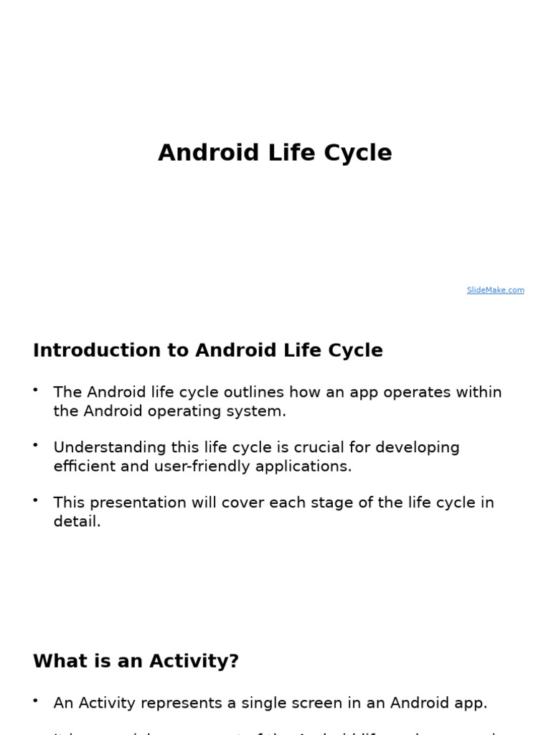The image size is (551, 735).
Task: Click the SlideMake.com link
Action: point(495,290)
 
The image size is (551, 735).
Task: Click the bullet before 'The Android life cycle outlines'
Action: point(35,389)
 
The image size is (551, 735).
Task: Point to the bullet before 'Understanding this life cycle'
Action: point(35,444)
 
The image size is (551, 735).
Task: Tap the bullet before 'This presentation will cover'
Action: point(35,500)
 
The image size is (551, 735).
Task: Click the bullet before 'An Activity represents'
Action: point(35,701)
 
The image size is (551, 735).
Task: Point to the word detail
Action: point(77,521)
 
